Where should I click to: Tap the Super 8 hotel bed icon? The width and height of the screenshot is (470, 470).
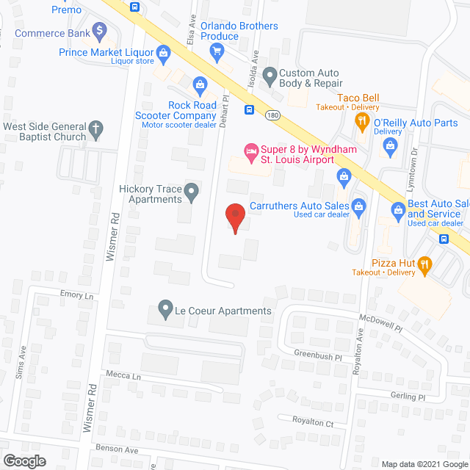251,151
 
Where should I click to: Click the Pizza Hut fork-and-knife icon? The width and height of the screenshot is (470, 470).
424,264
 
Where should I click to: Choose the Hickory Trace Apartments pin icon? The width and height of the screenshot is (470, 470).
192,194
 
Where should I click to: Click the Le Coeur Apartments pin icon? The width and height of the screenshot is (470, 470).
165,311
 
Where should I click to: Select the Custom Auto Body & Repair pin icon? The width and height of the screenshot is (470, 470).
270,73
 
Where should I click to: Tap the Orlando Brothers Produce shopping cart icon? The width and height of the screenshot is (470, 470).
217,51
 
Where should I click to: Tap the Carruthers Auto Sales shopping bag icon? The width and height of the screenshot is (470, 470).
358,206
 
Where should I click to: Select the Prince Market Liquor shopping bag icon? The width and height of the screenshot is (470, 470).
163,52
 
